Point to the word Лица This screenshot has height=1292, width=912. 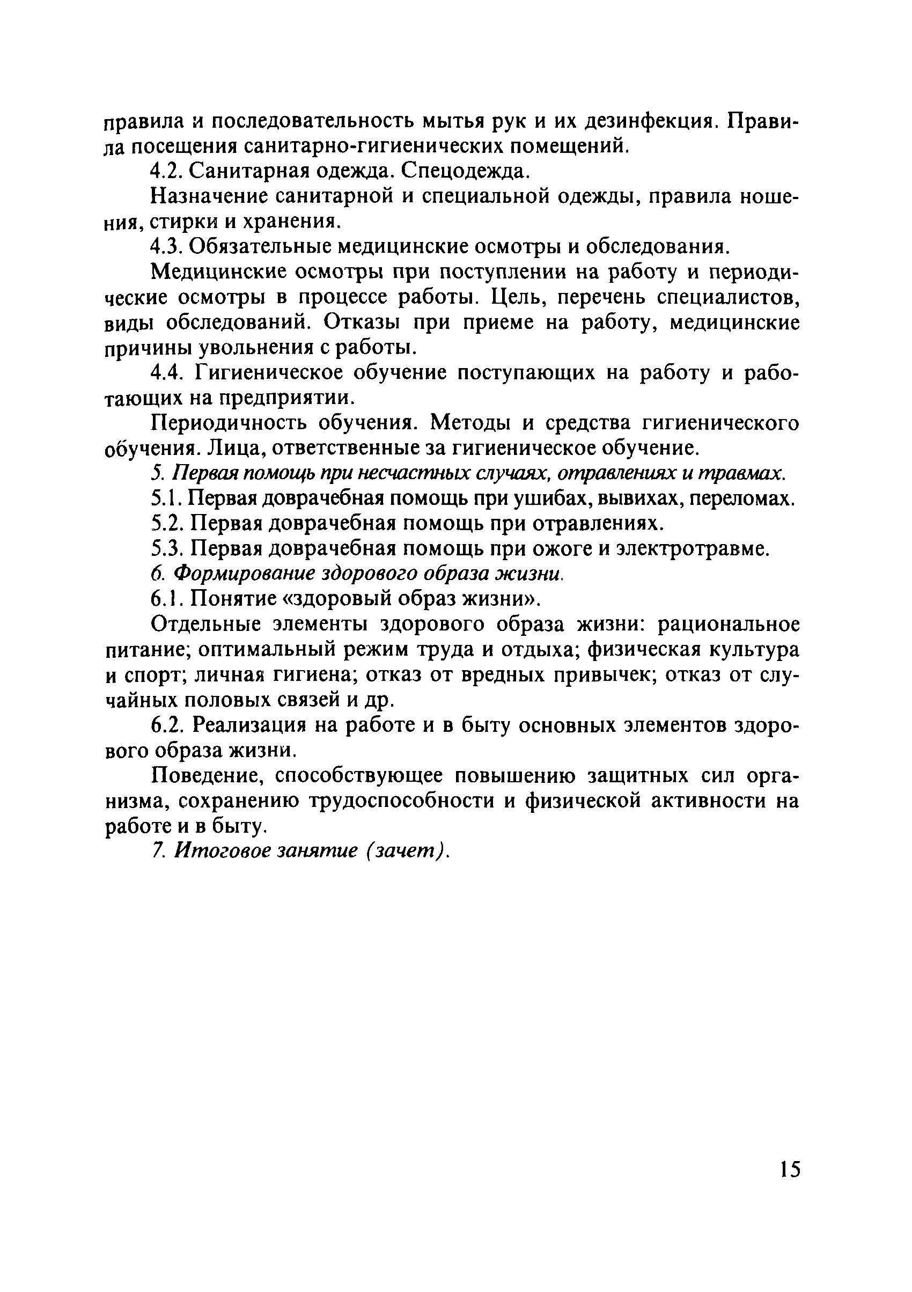(234, 449)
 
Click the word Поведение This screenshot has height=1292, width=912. (207, 776)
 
